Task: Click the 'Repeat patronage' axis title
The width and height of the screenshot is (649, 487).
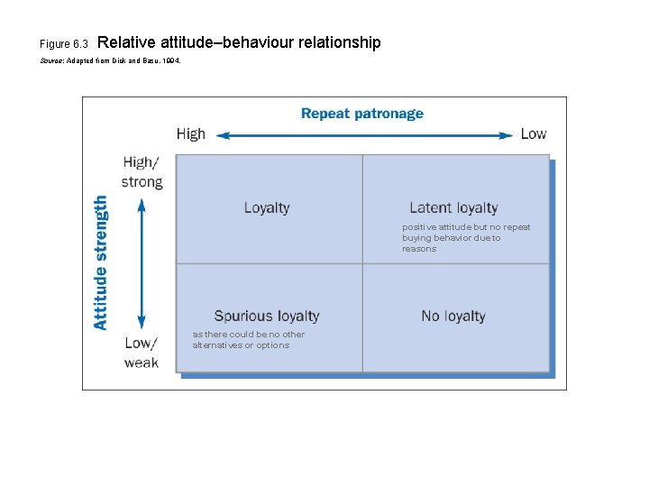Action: pos(361,114)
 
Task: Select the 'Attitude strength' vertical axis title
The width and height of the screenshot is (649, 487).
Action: pos(101,262)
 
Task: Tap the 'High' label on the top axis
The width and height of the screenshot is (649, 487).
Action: pos(191,134)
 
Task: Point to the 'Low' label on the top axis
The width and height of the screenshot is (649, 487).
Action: pos(533,134)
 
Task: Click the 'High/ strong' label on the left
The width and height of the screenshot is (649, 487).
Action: pos(142,172)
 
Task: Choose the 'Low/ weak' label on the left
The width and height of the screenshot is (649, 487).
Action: pos(142,353)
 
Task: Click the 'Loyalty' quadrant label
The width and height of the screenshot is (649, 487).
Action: pos(267,207)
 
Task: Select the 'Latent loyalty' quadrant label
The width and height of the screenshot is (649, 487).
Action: pos(453,207)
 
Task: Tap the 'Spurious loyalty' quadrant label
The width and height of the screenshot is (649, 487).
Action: pos(267,316)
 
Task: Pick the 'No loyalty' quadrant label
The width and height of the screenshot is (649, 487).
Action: pos(453,316)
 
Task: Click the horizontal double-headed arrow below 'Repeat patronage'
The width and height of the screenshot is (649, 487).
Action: pos(365,135)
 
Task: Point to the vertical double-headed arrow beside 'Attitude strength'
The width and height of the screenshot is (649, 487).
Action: pos(142,262)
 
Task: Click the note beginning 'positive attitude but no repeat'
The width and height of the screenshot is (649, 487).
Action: pos(466,238)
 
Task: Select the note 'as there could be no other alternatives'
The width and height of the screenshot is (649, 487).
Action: pos(248,340)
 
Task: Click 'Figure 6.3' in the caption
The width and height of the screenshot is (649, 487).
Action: pos(64,44)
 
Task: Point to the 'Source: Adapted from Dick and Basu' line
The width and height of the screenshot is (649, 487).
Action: pos(111,60)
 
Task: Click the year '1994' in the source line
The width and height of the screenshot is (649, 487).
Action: pos(173,60)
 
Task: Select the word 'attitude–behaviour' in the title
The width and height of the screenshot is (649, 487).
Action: pos(224,42)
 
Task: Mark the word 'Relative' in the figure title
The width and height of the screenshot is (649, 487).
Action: pos(124,42)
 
